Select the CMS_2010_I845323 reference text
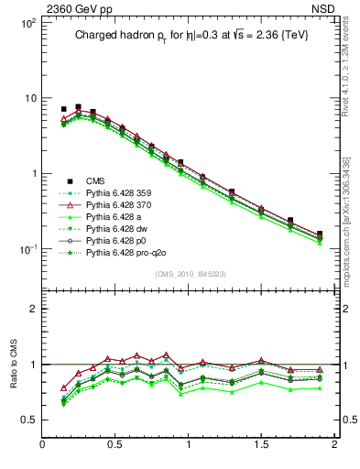pyautogui.click(x=190, y=274)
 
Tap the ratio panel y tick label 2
pyautogui.click(x=31, y=310)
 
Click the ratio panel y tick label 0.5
pyautogui.click(x=27, y=420)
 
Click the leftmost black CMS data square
pyautogui.click(x=63, y=109)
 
